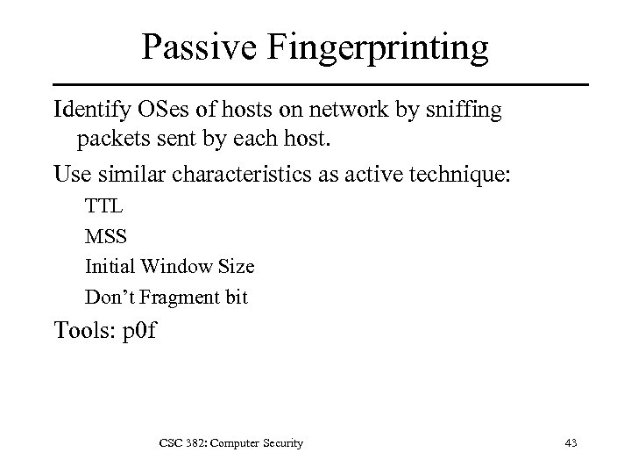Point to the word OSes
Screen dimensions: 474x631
(158, 111)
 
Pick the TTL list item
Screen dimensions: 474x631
(103, 208)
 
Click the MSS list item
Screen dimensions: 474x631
(104, 237)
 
